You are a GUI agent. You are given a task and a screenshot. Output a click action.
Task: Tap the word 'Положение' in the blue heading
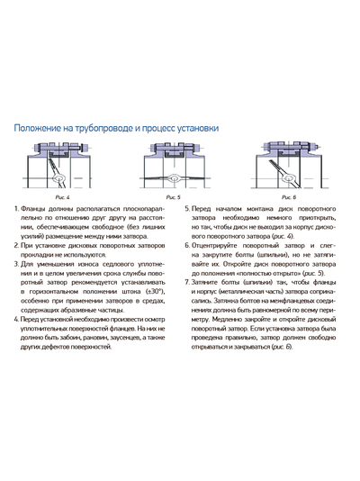click(41, 129)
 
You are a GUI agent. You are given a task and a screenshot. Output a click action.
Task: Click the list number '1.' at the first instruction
click(17, 209)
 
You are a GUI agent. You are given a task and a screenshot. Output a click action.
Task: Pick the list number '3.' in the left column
click(17, 259)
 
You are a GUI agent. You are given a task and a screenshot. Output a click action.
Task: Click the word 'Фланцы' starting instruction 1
click(36, 209)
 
